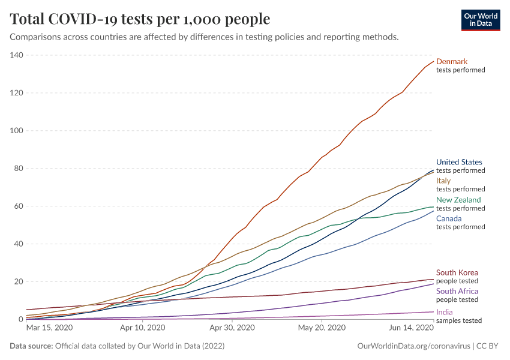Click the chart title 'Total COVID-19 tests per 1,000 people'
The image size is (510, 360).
coord(140,19)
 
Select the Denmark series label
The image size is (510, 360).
coord(452,61)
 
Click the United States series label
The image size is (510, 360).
coord(459,162)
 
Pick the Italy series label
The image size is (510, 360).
coord(443,181)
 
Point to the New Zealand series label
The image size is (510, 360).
coord(458,200)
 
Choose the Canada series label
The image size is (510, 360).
coord(449,218)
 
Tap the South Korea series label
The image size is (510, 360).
coord(457,272)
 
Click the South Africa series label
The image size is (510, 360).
coord(457,291)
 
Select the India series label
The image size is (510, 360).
coord(445,312)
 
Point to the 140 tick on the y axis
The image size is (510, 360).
coord(16,55)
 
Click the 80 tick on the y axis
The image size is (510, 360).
coord(18,169)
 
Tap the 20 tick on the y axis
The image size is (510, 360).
coord(18,281)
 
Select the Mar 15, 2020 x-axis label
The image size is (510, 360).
coord(49,328)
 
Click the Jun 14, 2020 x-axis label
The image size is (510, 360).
coord(411,328)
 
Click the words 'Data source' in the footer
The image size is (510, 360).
coord(30,346)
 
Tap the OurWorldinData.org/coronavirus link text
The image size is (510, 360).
coord(412,346)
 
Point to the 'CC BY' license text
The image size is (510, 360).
coord(487,346)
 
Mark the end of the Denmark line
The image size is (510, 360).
coord(433,61)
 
